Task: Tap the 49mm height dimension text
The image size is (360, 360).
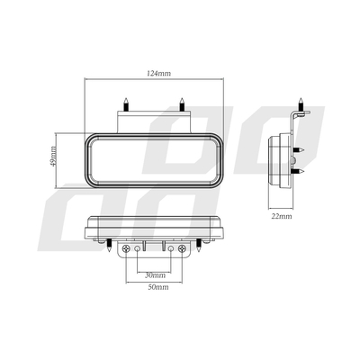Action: pos(54,158)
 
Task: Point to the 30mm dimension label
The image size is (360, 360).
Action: pos(154,274)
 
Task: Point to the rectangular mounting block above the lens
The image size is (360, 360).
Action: pos(154,120)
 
